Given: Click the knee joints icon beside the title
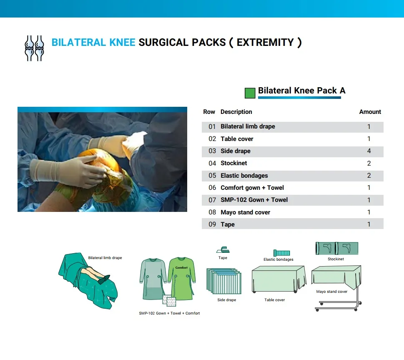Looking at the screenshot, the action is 34,48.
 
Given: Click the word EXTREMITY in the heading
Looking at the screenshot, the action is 265,43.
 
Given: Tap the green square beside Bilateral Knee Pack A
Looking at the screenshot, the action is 250,93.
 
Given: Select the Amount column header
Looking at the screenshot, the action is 370,112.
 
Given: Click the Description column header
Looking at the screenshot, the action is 236,112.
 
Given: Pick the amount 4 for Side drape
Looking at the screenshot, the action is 369,151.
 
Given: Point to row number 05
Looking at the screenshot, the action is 212,176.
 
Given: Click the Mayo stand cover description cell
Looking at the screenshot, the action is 245,212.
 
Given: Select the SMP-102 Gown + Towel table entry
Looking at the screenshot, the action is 254,200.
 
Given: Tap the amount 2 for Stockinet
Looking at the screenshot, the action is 369,163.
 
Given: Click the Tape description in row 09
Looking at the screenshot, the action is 228,224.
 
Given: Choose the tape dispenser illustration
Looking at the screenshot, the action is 223,249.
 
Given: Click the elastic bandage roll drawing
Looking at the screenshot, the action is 281,253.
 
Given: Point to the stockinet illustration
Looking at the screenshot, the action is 337,248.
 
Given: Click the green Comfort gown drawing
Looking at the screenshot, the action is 182,278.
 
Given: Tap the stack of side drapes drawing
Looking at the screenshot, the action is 224,281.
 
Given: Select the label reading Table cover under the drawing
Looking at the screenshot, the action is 275,300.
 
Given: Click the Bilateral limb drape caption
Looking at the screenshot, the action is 105,258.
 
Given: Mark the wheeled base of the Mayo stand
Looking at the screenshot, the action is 338,306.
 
